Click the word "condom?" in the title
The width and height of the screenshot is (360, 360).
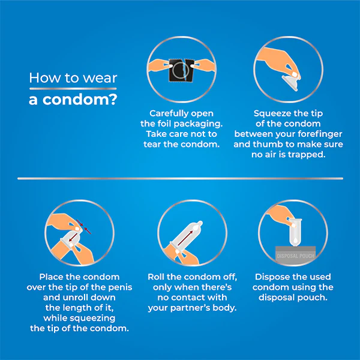pyautogui.click(x=80, y=100)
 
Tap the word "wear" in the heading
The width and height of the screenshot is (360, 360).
pyautogui.click(x=100, y=78)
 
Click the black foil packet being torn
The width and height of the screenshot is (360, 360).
pyautogui.click(x=182, y=70)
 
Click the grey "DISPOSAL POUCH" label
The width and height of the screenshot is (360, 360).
pyautogui.click(x=295, y=256)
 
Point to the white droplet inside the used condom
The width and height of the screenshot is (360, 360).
pyautogui.click(x=295, y=241)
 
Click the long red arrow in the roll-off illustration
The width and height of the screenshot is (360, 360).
pyautogui.click(x=185, y=238)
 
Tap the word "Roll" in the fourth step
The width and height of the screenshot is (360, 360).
pyautogui.click(x=156, y=277)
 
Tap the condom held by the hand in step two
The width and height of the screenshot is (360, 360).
pyautogui.click(x=290, y=82)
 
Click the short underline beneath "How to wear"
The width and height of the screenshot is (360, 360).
pyautogui.click(x=73, y=89)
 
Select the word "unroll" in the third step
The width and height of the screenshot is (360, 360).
pyautogui.click(x=77, y=298)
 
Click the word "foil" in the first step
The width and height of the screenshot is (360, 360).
pyautogui.click(x=164, y=124)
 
